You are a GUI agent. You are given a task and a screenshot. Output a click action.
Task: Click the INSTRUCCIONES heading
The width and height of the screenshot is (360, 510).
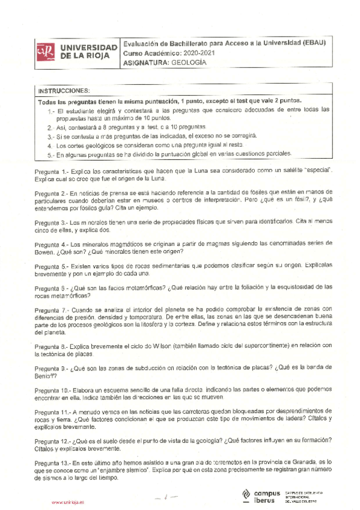pos(64,90)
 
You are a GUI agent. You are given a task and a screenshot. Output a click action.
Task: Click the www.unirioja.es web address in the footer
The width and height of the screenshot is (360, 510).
pos(68,502)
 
